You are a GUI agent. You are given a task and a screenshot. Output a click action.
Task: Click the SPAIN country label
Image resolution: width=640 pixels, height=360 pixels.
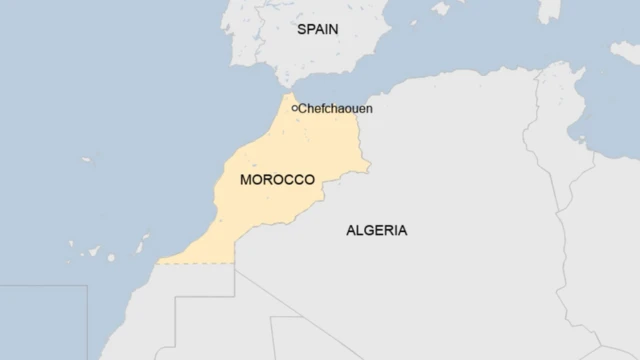click(x=317, y=29)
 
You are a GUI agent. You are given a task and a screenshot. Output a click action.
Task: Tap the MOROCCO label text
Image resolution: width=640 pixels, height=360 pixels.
click(x=277, y=180)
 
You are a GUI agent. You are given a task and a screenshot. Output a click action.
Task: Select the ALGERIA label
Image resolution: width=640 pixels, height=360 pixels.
click(x=376, y=230)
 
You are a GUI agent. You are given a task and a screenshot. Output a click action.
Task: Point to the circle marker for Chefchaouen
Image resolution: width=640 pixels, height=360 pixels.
click(x=294, y=108)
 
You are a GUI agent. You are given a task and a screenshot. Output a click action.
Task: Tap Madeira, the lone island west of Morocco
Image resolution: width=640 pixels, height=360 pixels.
click(x=86, y=160)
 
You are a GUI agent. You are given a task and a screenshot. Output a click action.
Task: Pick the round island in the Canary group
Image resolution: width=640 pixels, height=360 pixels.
click(x=110, y=258)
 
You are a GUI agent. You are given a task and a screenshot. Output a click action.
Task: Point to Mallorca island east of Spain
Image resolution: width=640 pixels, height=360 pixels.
click(x=441, y=9)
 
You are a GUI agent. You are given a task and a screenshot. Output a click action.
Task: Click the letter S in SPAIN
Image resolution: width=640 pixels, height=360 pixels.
click(x=300, y=29)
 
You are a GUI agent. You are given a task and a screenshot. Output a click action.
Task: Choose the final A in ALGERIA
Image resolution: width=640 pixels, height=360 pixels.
click(x=402, y=230)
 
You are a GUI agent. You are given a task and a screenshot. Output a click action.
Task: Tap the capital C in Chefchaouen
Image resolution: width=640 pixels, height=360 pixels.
click(x=303, y=108)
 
